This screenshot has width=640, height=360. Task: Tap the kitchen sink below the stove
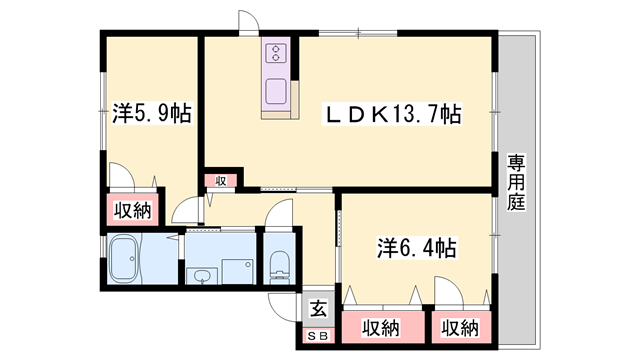(x=275, y=93)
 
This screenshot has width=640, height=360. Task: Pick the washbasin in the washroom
(x=203, y=274)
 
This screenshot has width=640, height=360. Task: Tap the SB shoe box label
(x=317, y=335)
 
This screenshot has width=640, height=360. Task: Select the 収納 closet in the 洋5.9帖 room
(x=132, y=210)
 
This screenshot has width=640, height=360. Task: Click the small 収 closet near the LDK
(x=222, y=181)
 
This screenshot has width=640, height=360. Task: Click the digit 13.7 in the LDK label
(x=412, y=114)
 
